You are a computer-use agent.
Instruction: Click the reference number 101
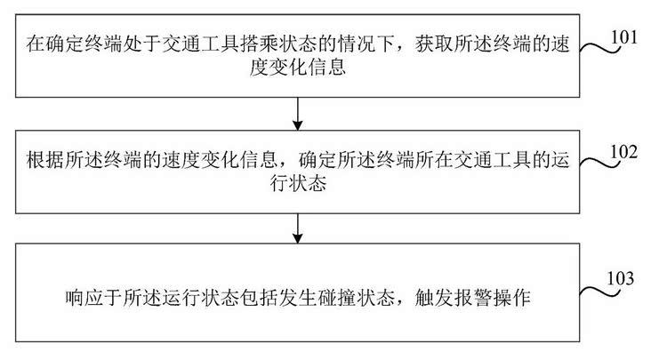632,38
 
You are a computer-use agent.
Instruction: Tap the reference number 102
632,151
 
